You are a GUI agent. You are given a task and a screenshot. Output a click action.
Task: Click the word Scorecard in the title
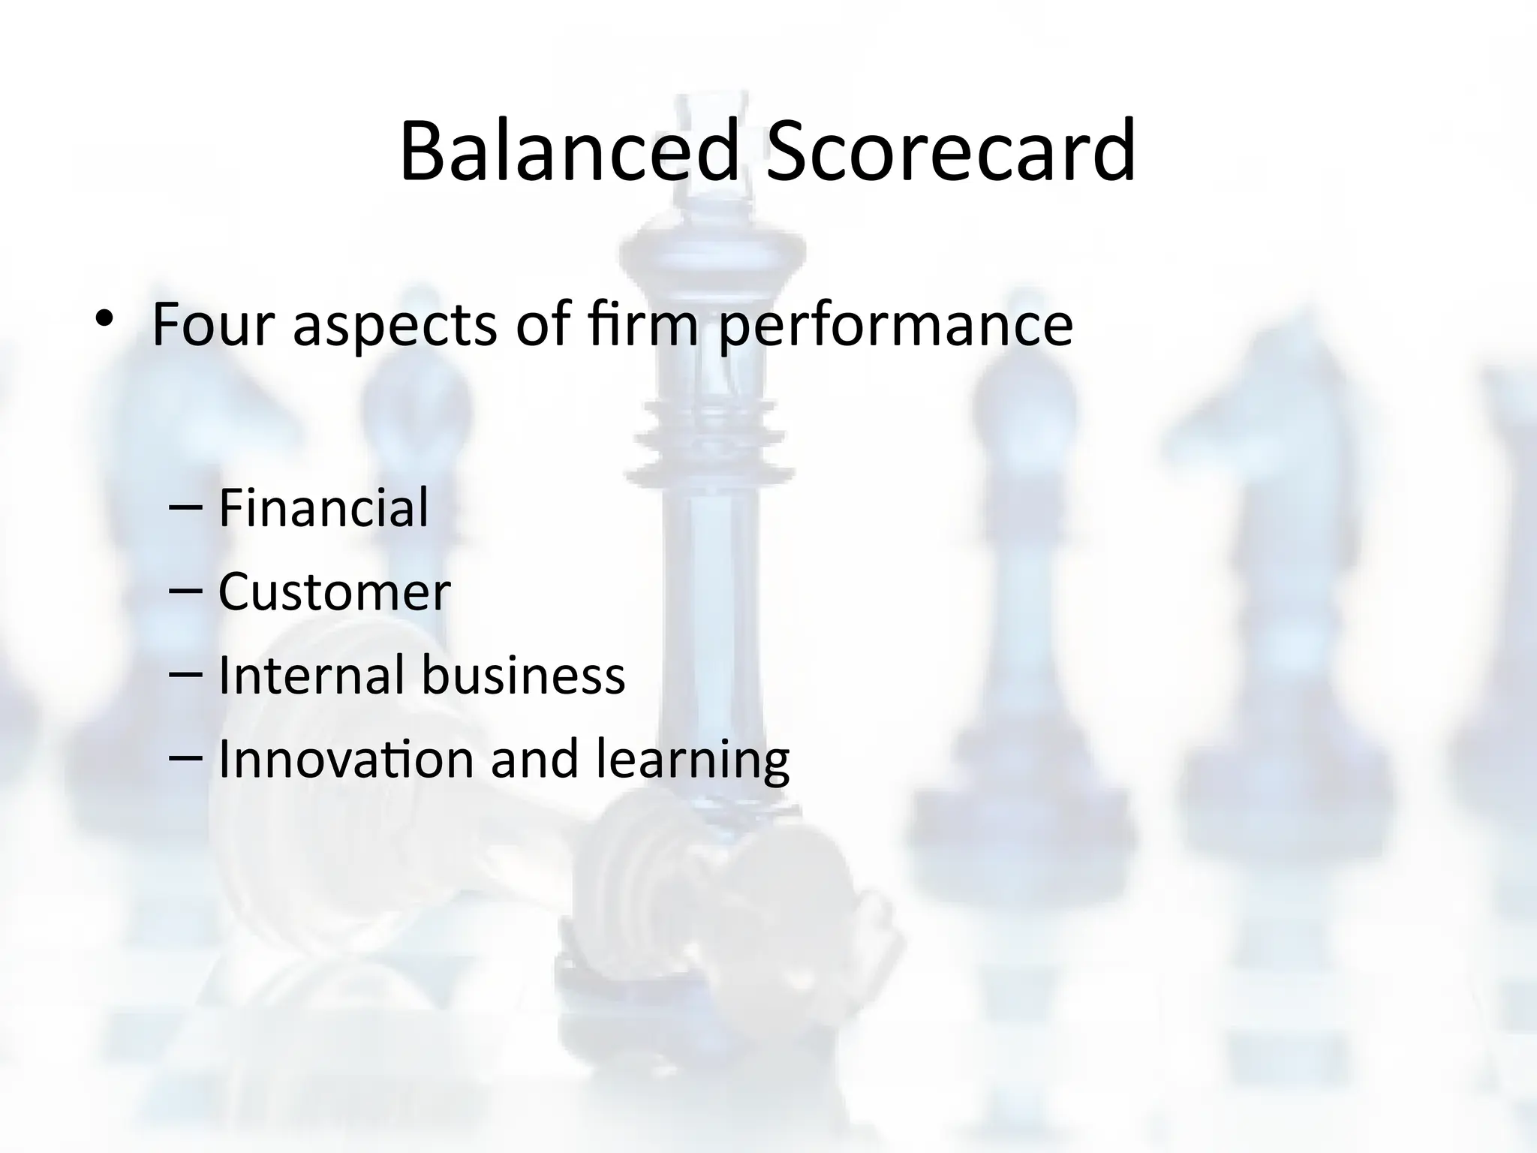[x=949, y=152]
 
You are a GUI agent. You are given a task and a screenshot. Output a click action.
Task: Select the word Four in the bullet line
[x=212, y=324]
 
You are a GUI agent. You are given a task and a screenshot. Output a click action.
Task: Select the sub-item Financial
[x=323, y=507]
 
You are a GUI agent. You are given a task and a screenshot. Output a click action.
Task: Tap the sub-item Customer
[x=334, y=592]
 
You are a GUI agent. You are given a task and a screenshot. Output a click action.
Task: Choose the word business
[x=522, y=675]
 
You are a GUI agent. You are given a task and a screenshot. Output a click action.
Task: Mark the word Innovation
[x=345, y=759]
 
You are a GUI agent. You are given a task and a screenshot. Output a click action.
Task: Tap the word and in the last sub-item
[x=534, y=759]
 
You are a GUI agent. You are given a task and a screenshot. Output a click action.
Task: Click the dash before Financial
[x=186, y=507]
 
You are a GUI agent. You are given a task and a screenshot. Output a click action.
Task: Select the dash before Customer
[x=186, y=592]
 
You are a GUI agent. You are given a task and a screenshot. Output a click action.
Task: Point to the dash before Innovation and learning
[x=186, y=759]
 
